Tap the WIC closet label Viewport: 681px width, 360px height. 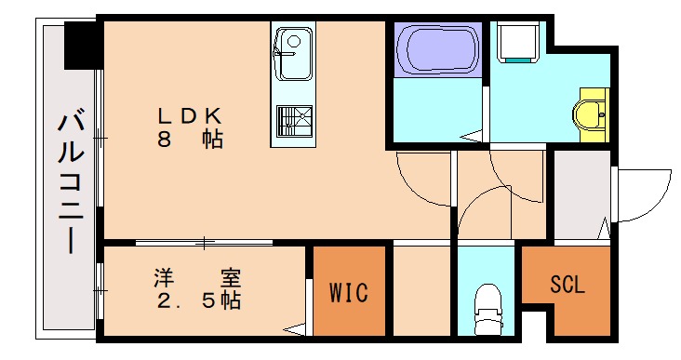[x=348, y=293]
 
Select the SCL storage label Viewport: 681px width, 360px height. [x=567, y=285]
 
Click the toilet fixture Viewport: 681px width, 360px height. [x=487, y=308]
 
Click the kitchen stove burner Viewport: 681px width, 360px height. [x=294, y=121]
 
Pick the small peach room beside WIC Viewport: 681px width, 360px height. [x=421, y=288]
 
